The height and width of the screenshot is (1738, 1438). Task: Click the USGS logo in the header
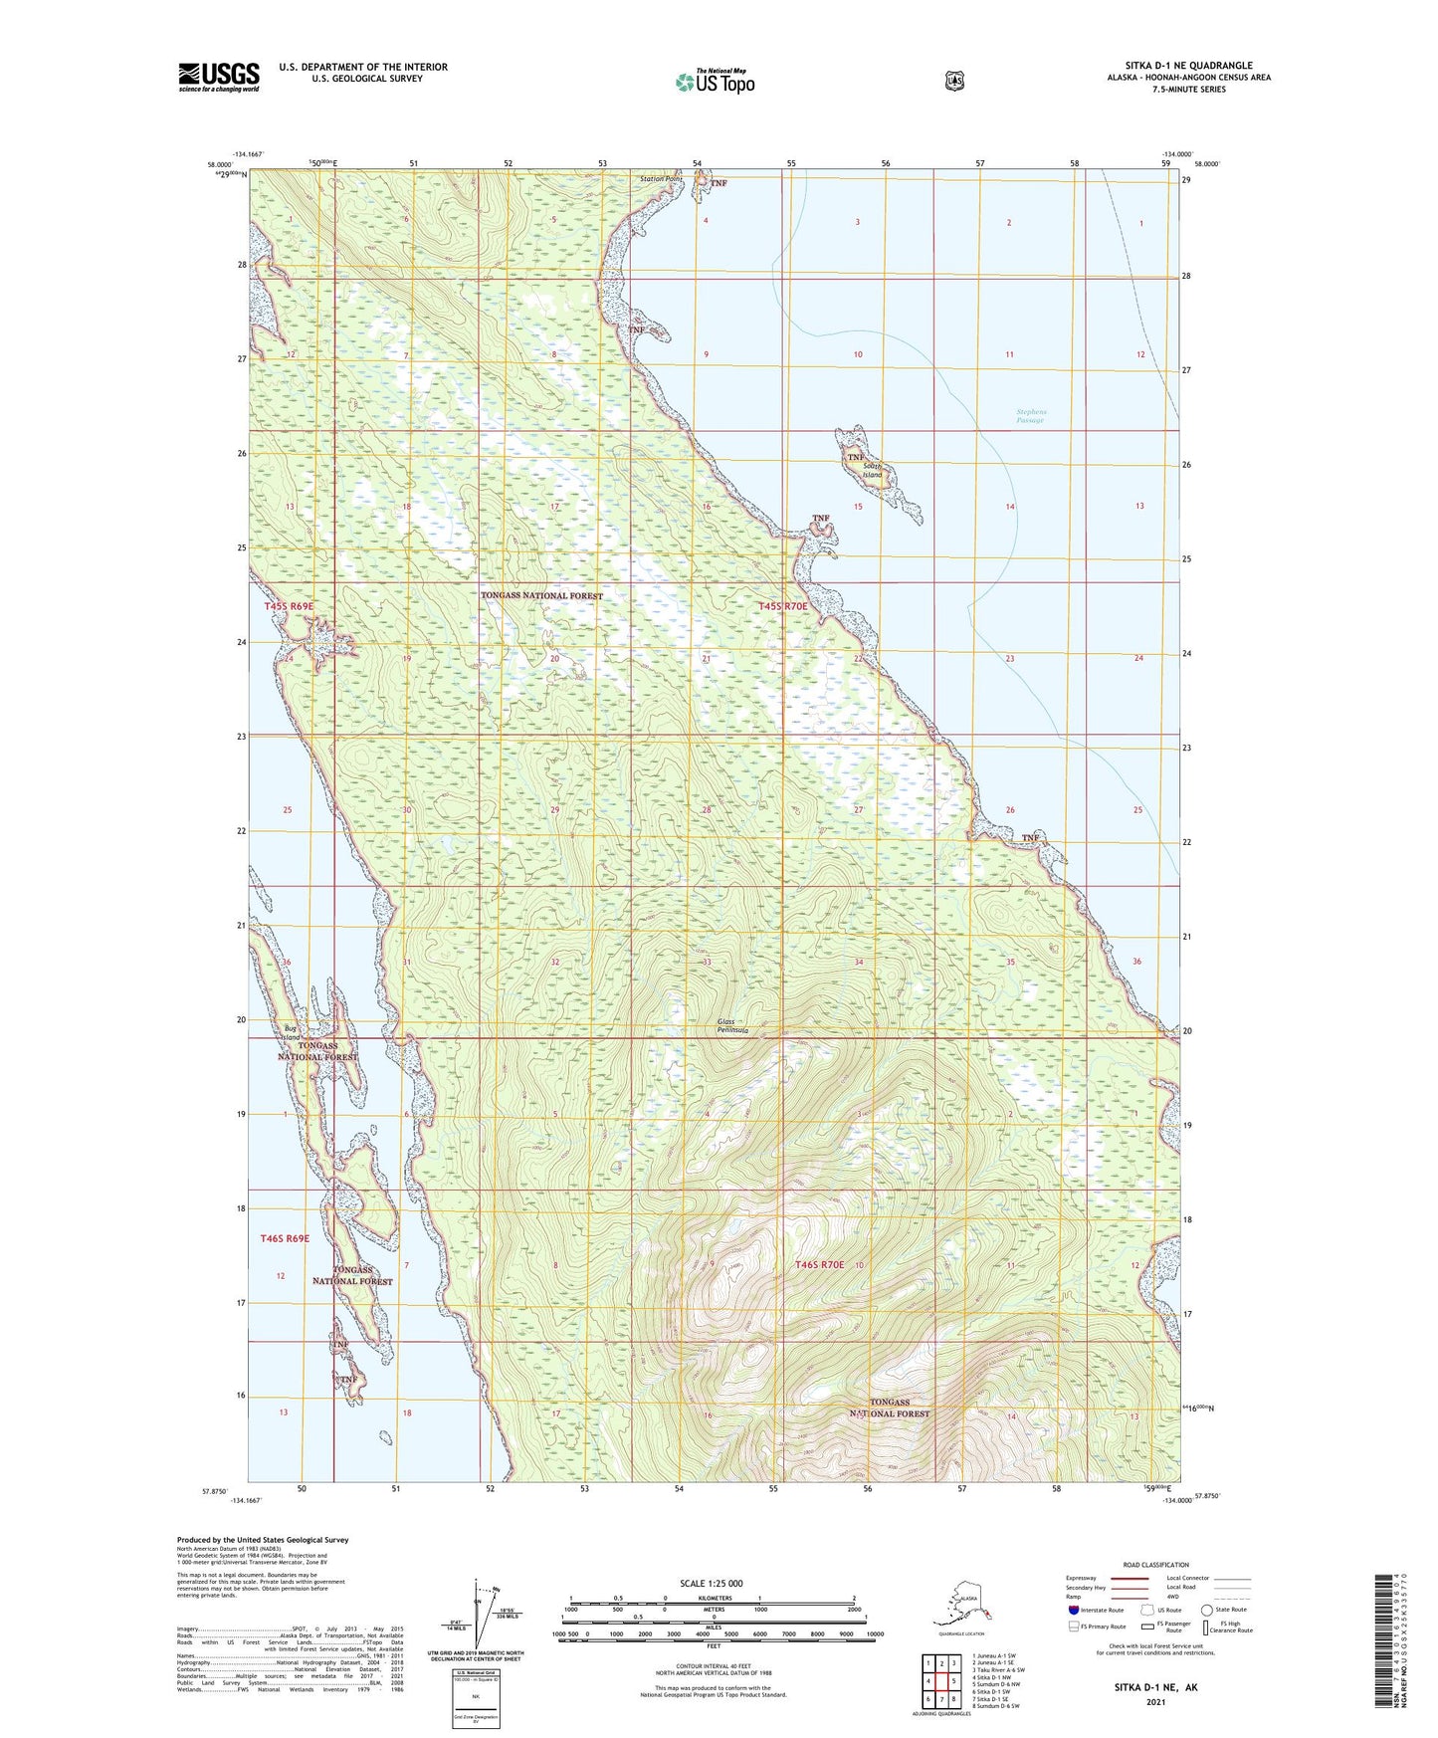click(x=218, y=77)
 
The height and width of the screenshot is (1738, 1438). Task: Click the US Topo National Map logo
click(x=715, y=81)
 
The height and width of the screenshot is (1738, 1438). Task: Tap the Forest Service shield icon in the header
click(x=954, y=81)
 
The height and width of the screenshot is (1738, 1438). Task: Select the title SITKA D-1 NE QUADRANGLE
click(x=1181, y=66)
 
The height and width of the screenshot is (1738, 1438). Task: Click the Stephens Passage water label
click(x=1031, y=416)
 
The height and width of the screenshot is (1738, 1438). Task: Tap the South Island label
click(x=873, y=470)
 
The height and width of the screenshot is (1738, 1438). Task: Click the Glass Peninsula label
click(x=732, y=1026)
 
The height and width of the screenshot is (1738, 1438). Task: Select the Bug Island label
click(x=291, y=1032)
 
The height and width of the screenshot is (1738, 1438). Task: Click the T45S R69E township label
click(x=289, y=606)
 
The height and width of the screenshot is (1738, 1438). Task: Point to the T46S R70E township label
click(x=819, y=1264)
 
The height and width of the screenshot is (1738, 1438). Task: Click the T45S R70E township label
click(x=784, y=606)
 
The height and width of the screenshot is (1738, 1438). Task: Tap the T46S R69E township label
click(x=285, y=1238)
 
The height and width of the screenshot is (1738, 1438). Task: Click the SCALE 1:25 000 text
click(x=711, y=1583)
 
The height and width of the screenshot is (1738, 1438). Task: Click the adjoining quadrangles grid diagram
click(x=940, y=1680)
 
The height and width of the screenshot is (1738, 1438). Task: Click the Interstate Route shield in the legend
click(x=1074, y=1610)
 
